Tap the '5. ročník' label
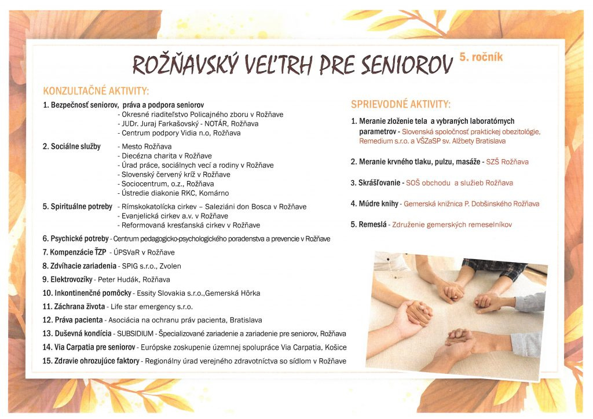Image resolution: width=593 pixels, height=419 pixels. pyautogui.click(x=481, y=57)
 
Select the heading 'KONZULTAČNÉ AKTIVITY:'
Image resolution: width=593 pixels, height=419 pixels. pyautogui.click(x=96, y=91)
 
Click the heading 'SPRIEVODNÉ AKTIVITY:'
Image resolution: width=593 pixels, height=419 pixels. pyautogui.click(x=400, y=105)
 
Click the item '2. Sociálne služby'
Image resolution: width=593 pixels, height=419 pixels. pyautogui.click(x=71, y=146)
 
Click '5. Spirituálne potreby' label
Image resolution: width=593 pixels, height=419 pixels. pyautogui.click(x=77, y=207)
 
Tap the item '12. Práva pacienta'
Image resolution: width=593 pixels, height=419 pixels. pyautogui.click(x=73, y=320)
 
